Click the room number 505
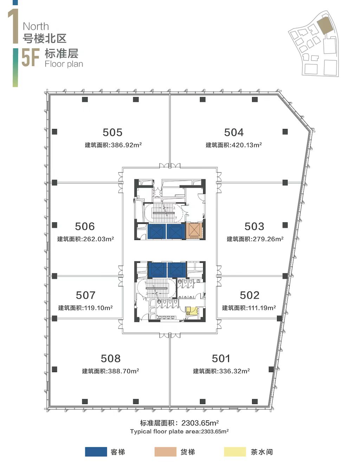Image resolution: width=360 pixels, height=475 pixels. [x=112, y=132]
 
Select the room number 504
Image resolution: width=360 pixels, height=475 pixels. [x=233, y=132]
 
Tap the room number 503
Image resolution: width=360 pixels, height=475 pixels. [x=254, y=226]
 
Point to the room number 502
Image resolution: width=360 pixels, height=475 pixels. [x=249, y=295]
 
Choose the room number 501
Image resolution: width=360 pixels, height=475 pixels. [x=221, y=358]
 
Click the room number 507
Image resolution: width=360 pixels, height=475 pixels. [x=85, y=295]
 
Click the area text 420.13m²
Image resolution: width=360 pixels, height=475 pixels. [x=247, y=145]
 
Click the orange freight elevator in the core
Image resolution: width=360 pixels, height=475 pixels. [x=194, y=231]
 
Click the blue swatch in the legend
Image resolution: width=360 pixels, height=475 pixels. [x=96, y=452]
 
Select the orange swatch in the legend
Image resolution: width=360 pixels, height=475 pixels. [x=165, y=452]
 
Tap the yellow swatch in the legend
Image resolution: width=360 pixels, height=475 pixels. [x=235, y=452]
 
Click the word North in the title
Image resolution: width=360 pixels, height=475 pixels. [x=36, y=26]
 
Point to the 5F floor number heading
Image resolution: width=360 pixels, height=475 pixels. [x=31, y=57]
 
